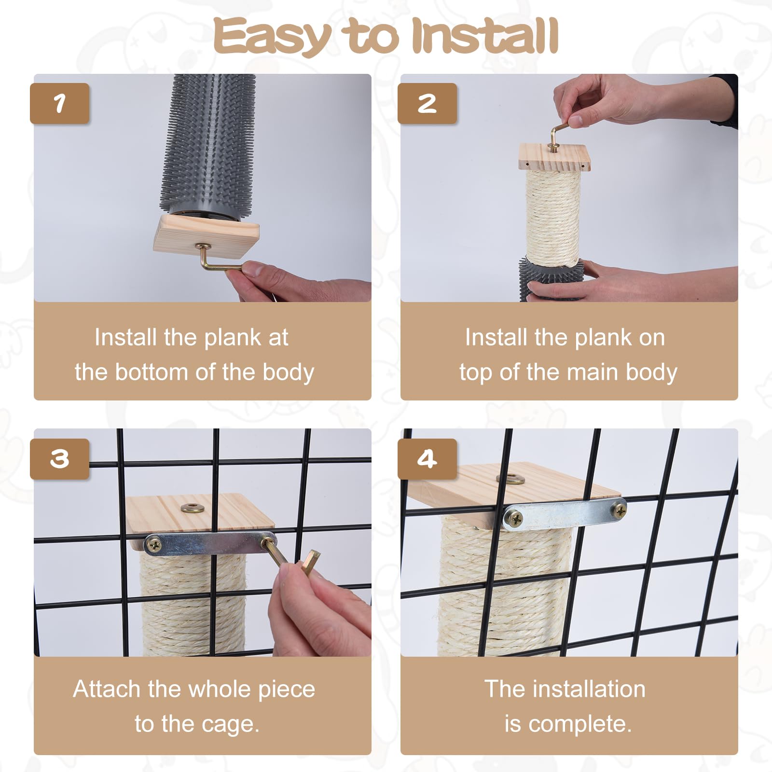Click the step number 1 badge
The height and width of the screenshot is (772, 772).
tap(59, 103)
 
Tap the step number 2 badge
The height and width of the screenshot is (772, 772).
tap(427, 103)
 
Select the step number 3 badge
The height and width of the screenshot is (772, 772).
tap(59, 459)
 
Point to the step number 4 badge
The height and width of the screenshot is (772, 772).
tap(427, 459)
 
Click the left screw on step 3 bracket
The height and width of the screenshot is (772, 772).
tap(155, 546)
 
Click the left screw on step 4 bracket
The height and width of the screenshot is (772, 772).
tap(513, 519)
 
